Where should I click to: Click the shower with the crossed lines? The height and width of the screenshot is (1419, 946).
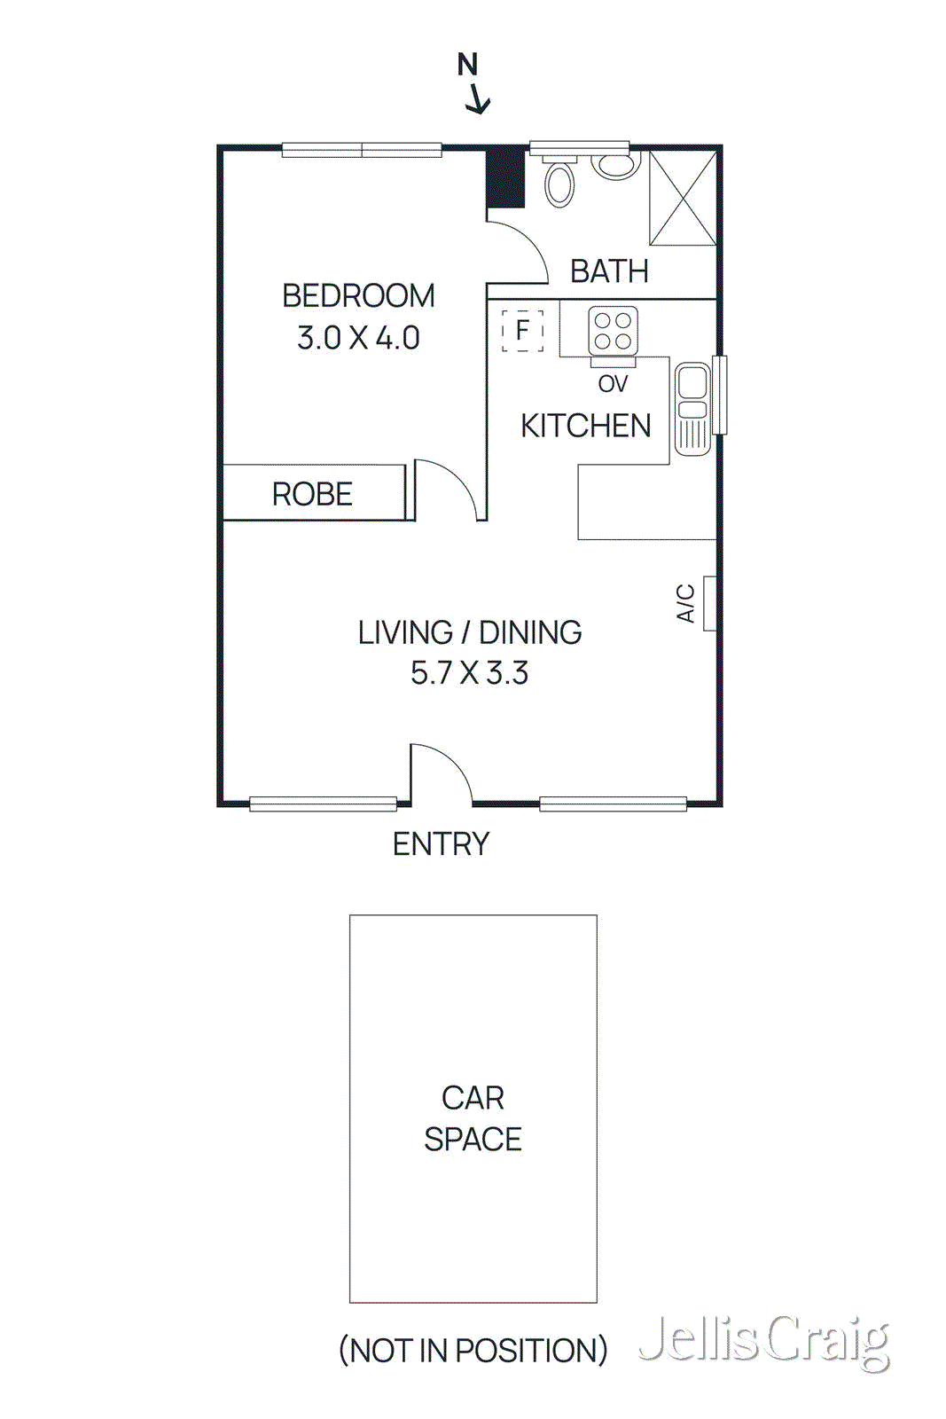tap(683, 198)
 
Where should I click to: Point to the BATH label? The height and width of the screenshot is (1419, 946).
tap(609, 271)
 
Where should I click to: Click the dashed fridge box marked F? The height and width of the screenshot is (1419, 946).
tap(522, 330)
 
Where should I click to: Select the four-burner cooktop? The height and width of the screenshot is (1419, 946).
tap(613, 332)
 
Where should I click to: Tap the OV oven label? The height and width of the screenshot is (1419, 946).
tap(613, 384)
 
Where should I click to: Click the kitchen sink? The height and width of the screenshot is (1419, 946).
tap(692, 408)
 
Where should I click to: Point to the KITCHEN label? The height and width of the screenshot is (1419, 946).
tap(585, 426)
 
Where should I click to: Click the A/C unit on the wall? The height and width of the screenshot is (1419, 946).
tap(709, 603)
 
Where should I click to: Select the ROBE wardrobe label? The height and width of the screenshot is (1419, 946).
tap(312, 494)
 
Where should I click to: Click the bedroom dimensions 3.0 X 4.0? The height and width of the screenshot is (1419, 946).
tap(358, 338)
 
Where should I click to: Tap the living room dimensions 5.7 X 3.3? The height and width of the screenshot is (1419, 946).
tap(469, 673)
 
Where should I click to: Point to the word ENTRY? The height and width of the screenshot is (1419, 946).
tap(441, 844)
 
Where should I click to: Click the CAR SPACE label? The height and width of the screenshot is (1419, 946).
tap(473, 1118)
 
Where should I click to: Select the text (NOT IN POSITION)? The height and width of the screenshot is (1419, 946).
tap(473, 1351)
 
